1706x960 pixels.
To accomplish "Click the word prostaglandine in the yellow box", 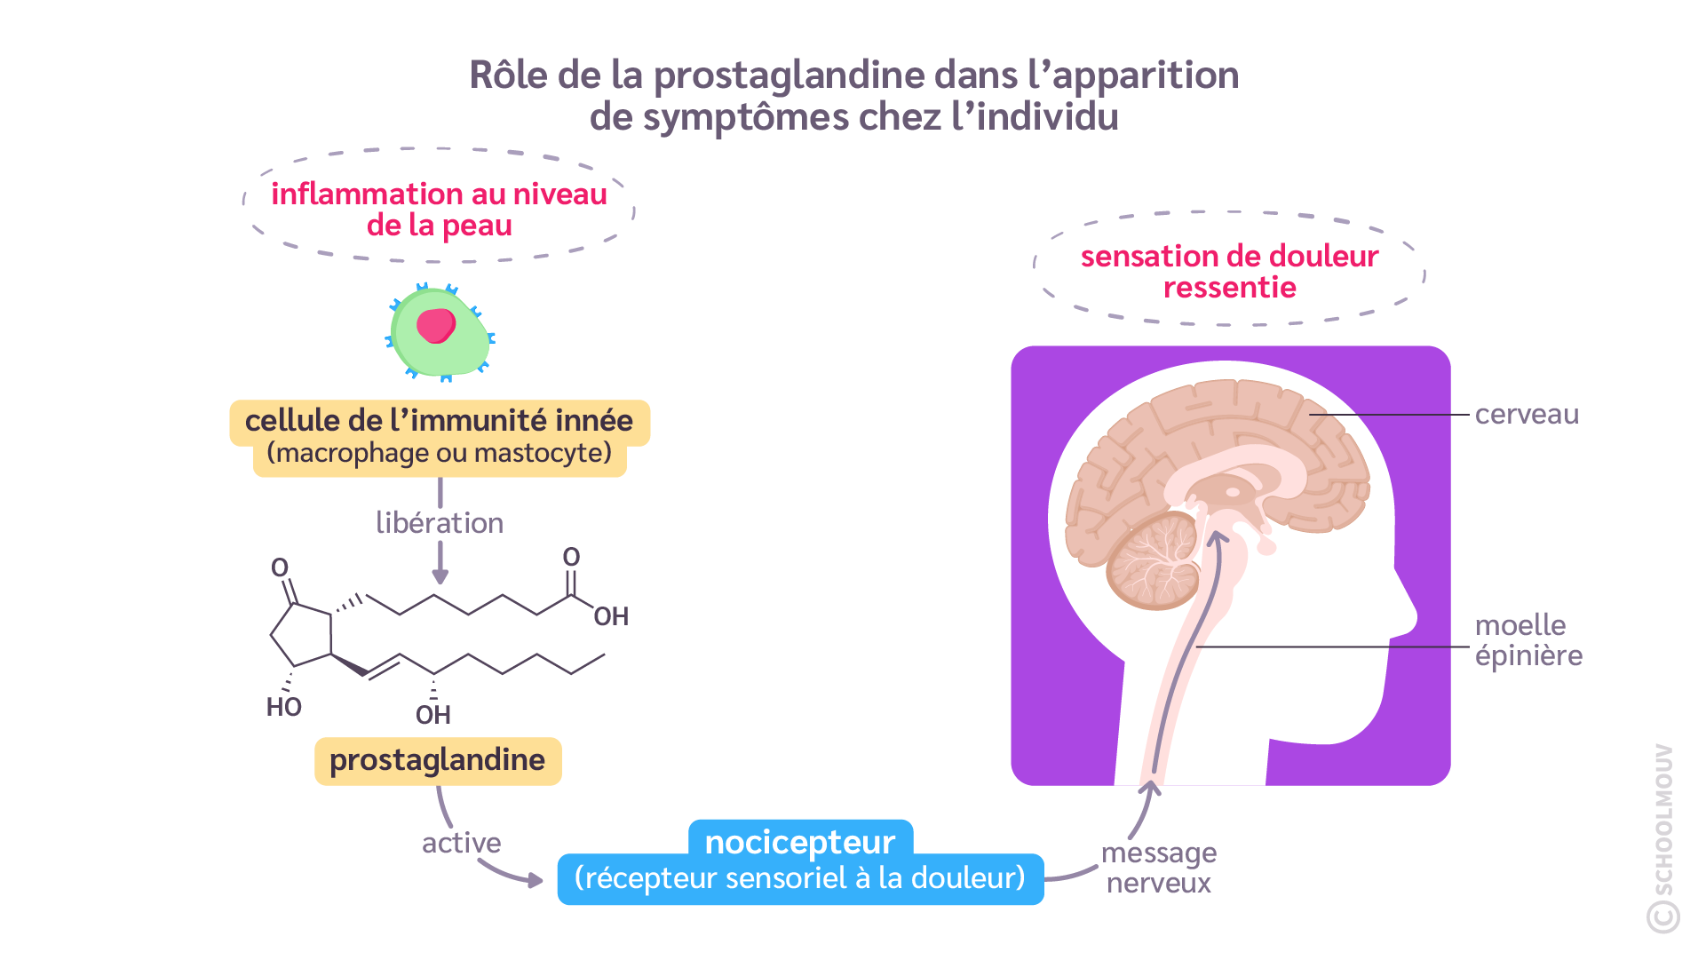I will click(x=437, y=760).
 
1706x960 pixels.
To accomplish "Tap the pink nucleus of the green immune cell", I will click(x=436, y=325).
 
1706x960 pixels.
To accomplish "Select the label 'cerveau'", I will click(x=1526, y=415).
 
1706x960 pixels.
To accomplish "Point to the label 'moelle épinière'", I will click(x=1527, y=640).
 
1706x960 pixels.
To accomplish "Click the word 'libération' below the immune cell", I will click(x=440, y=523).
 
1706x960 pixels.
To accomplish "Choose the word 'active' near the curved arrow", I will click(x=461, y=843).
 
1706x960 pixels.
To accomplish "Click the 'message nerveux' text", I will click(x=1158, y=868).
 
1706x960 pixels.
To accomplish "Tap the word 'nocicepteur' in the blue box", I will click(x=799, y=841).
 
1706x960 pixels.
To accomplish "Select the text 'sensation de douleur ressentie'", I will click(x=1229, y=272).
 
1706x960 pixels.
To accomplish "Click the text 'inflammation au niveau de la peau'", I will click(x=439, y=210).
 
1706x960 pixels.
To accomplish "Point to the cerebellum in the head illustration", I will click(x=1153, y=562).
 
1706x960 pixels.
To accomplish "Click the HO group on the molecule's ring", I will click(x=284, y=707).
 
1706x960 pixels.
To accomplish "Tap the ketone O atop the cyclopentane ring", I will click(x=280, y=567).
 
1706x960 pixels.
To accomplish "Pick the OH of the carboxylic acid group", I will click(x=611, y=616).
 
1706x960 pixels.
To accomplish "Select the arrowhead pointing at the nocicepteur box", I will click(x=535, y=880).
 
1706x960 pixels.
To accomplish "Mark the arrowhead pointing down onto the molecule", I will click(x=440, y=577).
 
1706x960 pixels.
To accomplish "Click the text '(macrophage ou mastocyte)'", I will click(x=440, y=454).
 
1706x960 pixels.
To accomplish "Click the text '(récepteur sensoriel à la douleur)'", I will click(x=799, y=878).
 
